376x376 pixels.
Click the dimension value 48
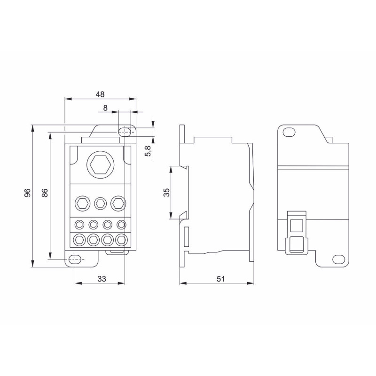click(100, 94)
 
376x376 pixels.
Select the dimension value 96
click(28, 193)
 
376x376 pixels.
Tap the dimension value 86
click(45, 193)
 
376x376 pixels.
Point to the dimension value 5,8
click(148, 151)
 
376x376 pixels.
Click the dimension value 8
click(105, 108)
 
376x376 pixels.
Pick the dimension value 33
click(102, 279)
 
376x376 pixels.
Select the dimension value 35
click(166, 193)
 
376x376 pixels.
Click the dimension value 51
click(220, 279)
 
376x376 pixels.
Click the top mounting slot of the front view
click(125, 132)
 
